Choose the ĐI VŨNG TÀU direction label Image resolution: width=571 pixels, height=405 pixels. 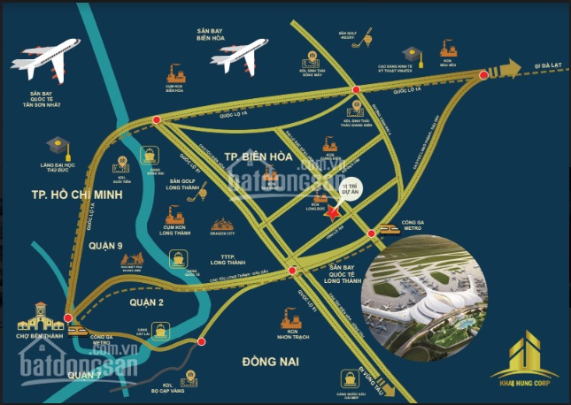pos(373,369)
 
